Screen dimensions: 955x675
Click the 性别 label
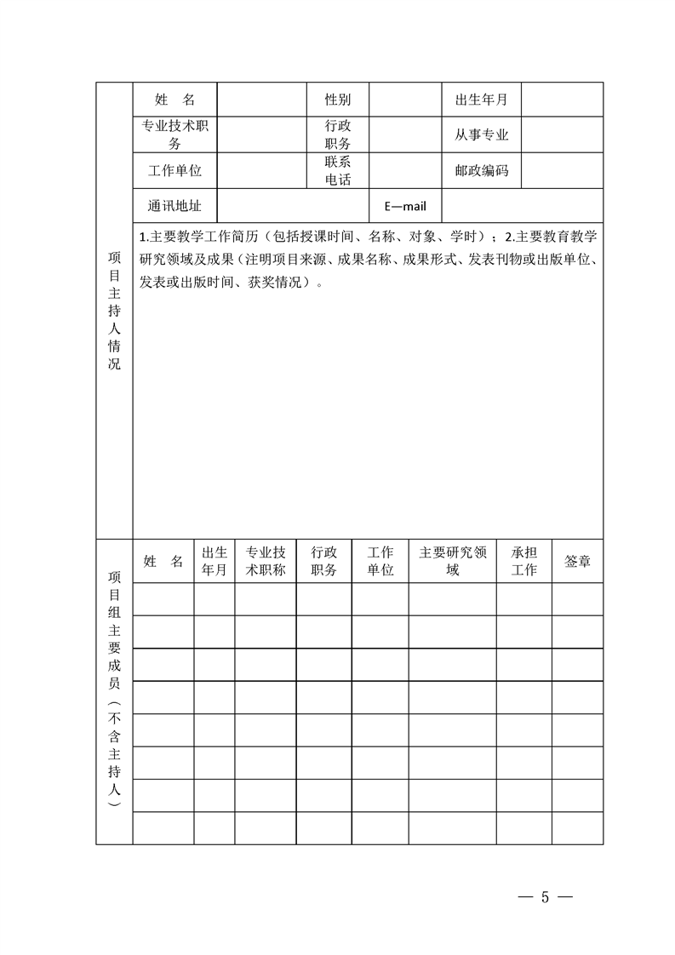point(337,100)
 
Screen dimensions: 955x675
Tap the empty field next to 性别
point(404,100)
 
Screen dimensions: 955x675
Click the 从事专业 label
point(481,134)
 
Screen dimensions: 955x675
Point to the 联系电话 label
point(337,170)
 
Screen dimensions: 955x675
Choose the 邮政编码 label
point(481,170)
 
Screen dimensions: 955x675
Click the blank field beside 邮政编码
point(562,170)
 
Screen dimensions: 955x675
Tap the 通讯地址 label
point(174,205)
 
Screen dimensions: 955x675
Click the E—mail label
point(405,206)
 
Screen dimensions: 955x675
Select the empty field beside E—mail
point(522,205)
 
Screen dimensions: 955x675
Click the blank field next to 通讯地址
point(292,205)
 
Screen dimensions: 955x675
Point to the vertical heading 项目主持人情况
point(114,310)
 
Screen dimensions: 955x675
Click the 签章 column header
point(577,561)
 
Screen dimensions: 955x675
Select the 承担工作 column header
point(523,561)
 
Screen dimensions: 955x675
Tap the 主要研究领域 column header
point(452,561)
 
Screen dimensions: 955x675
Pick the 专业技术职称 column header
point(265,561)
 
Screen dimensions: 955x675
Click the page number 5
point(546,896)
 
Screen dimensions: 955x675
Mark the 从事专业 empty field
point(562,134)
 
